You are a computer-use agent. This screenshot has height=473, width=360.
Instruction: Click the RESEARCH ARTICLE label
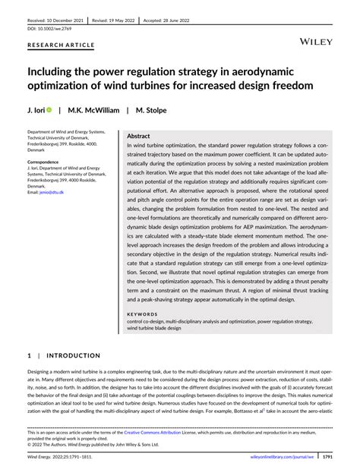point(61,46)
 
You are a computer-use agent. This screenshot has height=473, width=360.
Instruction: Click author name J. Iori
point(35,110)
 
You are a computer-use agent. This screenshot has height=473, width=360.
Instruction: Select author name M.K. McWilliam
point(92,110)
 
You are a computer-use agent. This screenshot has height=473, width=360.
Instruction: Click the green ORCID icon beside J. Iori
point(49,110)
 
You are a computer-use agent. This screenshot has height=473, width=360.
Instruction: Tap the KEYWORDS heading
point(142,314)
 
